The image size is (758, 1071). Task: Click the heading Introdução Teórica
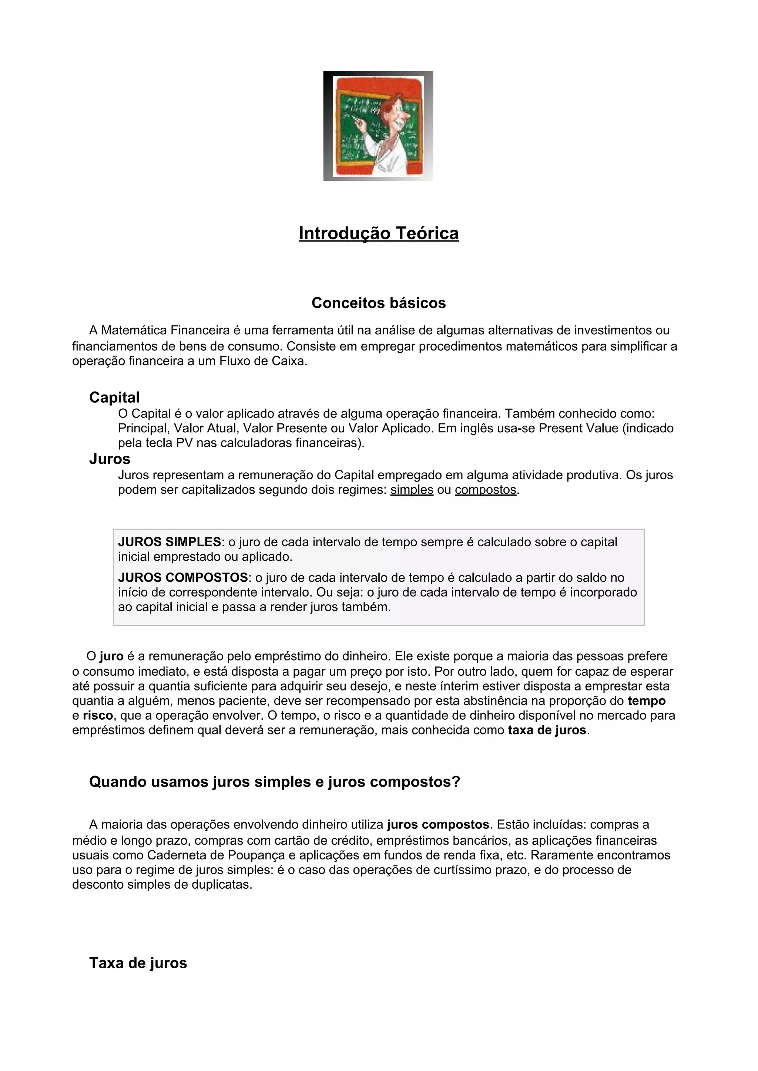(379, 233)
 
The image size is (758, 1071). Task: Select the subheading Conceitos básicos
(379, 303)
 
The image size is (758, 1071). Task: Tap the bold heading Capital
(114, 398)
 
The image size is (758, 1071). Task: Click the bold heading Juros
(110, 459)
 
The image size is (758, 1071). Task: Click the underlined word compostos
(486, 490)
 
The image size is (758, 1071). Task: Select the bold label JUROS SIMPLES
(170, 542)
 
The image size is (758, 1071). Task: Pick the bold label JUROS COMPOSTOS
(183, 578)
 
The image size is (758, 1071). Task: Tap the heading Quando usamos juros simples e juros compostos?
(275, 782)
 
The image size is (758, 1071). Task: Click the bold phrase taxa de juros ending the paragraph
(547, 730)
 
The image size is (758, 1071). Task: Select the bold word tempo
(647, 701)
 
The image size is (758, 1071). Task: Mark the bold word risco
(98, 716)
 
